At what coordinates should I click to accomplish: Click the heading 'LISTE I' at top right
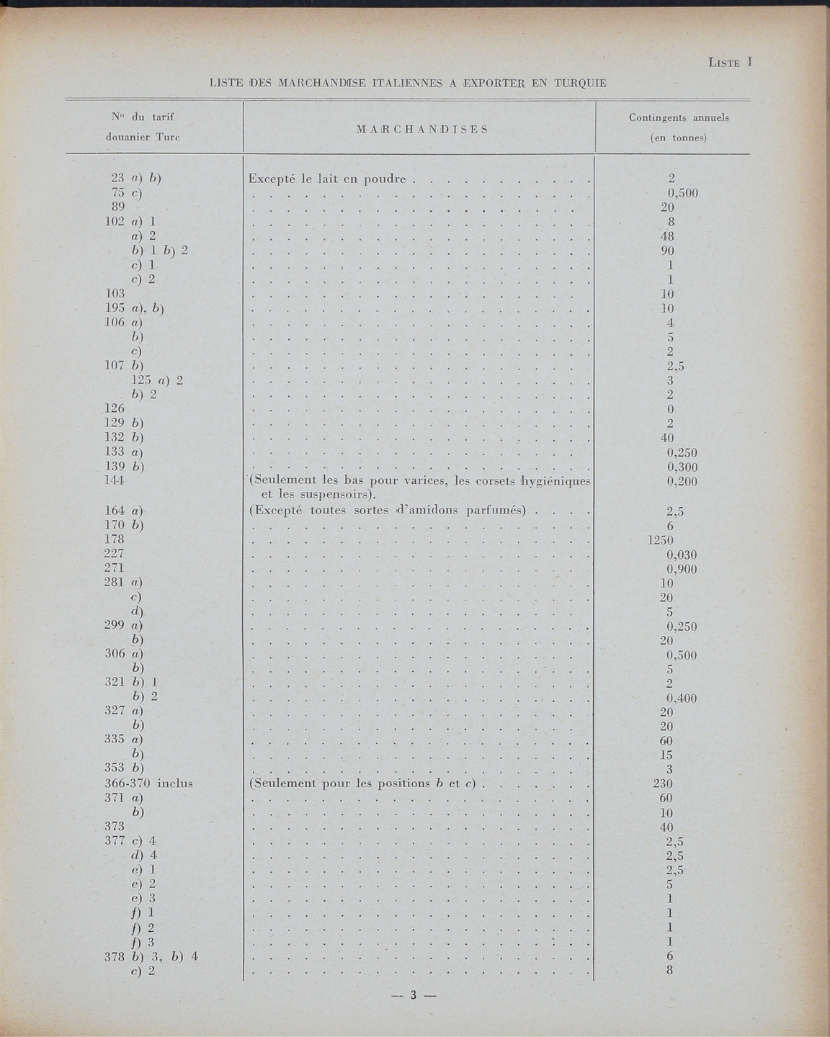pyautogui.click(x=730, y=63)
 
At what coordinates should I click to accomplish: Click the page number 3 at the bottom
pyautogui.click(x=414, y=996)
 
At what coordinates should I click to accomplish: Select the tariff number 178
pyautogui.click(x=115, y=539)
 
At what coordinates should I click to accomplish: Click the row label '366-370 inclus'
pyautogui.click(x=148, y=783)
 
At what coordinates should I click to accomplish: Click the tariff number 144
pyautogui.click(x=115, y=480)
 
